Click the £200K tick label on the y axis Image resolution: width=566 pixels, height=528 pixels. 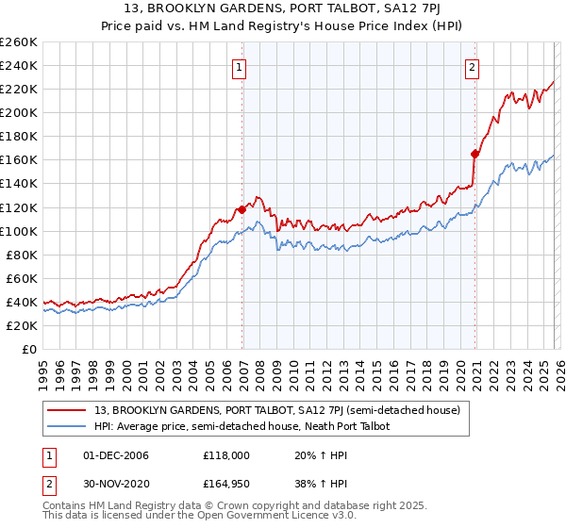point(19,112)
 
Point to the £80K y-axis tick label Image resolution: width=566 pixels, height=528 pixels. point(22,255)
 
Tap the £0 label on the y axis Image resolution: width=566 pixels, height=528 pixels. point(29,349)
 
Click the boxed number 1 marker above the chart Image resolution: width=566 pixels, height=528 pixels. point(241,67)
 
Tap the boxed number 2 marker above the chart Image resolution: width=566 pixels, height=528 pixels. point(472,67)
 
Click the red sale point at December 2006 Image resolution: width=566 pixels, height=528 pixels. point(242,209)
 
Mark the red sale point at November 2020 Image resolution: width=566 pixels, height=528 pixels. point(475,154)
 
